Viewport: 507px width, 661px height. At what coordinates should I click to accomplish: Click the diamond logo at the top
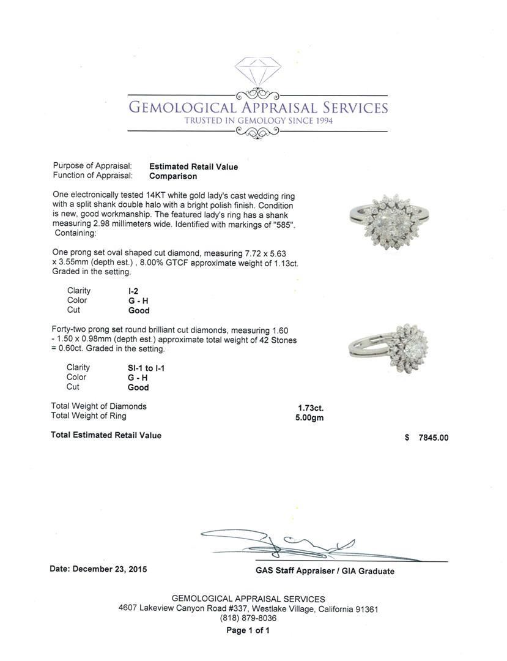point(257,74)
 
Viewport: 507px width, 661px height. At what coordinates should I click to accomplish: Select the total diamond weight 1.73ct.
point(311,408)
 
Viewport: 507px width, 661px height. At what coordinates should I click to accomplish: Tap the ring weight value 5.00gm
point(309,418)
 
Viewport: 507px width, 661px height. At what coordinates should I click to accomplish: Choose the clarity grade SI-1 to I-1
point(142,368)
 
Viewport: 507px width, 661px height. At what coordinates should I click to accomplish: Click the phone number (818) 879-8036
point(248,619)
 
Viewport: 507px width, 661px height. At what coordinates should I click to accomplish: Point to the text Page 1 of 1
point(248,630)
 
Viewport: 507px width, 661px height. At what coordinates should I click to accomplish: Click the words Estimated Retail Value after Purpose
point(194,166)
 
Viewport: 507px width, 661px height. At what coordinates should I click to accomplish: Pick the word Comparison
point(173,176)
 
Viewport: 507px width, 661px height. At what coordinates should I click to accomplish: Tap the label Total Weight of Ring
point(89,416)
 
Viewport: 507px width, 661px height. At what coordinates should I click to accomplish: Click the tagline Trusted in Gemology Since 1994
point(258,121)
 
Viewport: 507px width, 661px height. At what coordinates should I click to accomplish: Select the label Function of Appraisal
point(93,176)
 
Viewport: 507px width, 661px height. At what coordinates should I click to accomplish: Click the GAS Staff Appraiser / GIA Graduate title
point(325,571)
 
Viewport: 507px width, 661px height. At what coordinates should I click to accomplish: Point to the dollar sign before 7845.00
point(407,438)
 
